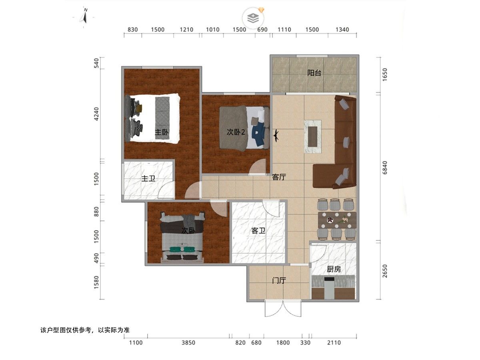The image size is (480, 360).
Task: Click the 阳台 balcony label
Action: pyautogui.click(x=314, y=73)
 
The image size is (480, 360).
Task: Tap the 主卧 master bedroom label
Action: pyautogui.click(x=162, y=132)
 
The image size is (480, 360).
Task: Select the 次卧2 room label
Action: pyautogui.click(x=236, y=132)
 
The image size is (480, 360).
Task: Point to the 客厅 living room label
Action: pyautogui.click(x=279, y=177)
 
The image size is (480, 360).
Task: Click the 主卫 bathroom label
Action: pyautogui.click(x=148, y=178)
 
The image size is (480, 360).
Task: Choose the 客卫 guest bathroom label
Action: pyautogui.click(x=258, y=230)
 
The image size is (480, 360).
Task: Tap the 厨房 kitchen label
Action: pyautogui.click(x=334, y=269)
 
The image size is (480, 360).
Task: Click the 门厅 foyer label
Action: pyautogui.click(x=279, y=280)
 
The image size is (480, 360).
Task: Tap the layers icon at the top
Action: pyautogui.click(x=253, y=18)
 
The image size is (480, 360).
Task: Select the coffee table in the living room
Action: pyautogui.click(x=313, y=137)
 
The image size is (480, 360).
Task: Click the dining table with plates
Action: pyautogui.click(x=337, y=220)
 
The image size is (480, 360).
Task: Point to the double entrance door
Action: pyautogui.click(x=283, y=308)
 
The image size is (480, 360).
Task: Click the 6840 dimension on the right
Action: pyautogui.click(x=385, y=168)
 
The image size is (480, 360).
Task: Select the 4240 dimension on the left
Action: pyautogui.click(x=96, y=114)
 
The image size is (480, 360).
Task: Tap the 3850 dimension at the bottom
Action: pyautogui.click(x=188, y=343)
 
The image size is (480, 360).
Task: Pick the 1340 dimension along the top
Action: pyautogui.click(x=342, y=30)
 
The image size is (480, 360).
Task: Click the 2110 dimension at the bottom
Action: pyautogui.click(x=334, y=343)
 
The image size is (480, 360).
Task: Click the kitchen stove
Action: pyautogui.click(x=329, y=288)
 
